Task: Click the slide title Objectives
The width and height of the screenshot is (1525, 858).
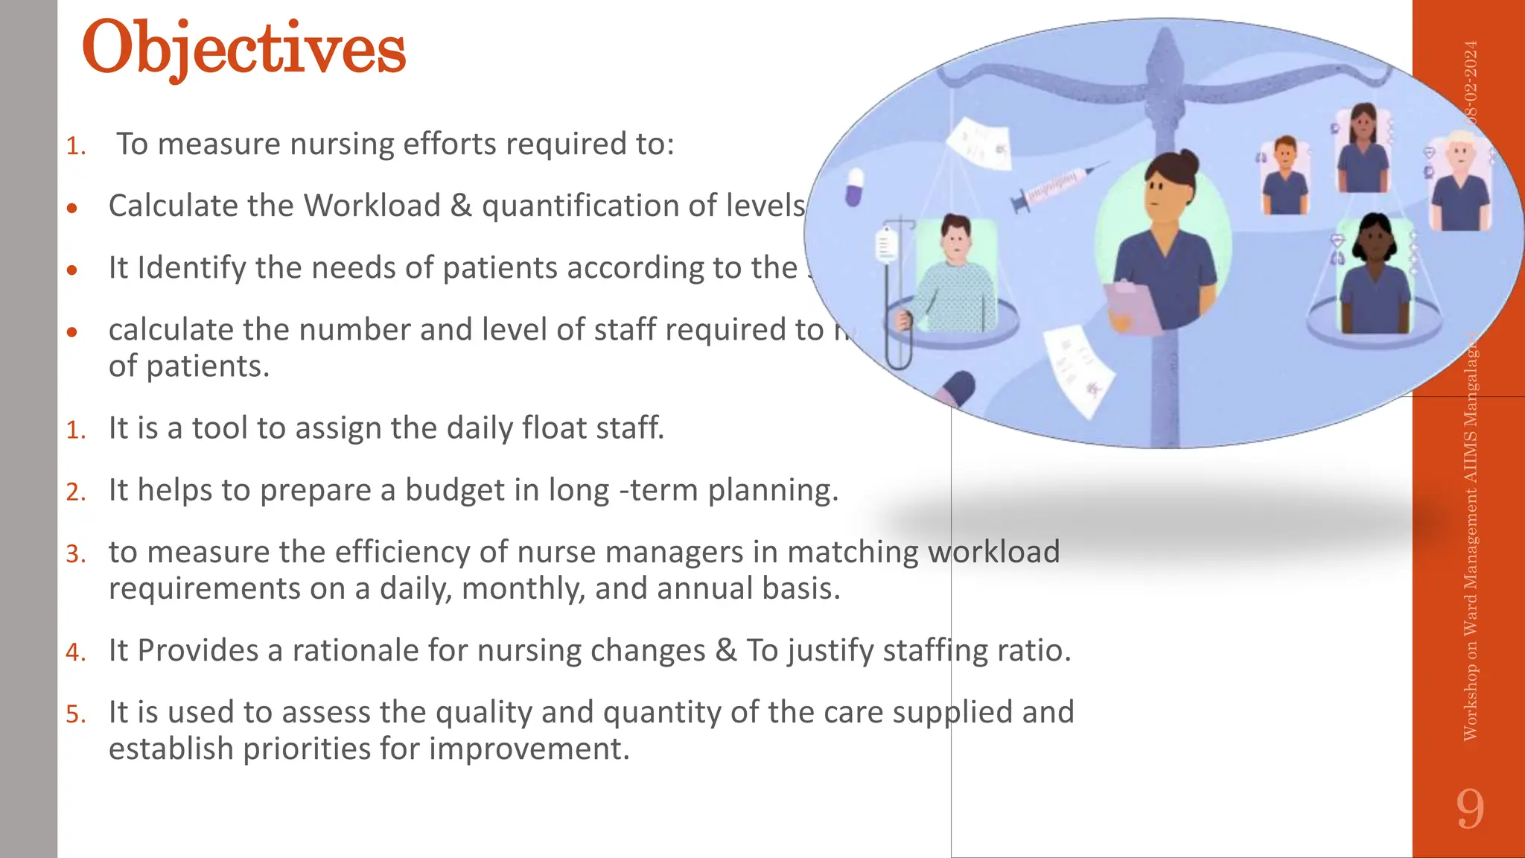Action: point(243,49)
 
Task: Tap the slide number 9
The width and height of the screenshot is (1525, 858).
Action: point(1470,809)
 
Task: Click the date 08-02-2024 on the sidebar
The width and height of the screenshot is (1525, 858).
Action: point(1470,82)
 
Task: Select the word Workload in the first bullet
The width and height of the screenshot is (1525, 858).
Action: point(372,206)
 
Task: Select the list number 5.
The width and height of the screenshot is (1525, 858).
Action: point(75,714)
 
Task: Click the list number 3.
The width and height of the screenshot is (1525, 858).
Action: point(75,554)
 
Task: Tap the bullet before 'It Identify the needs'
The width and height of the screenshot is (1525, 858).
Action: point(72,270)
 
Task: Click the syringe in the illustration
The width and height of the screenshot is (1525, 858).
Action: point(1057,186)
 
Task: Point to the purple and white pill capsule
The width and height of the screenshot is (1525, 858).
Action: point(854,186)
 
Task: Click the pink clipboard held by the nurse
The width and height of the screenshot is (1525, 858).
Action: point(1132,305)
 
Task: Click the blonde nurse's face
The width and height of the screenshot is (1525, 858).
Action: point(1460,156)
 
